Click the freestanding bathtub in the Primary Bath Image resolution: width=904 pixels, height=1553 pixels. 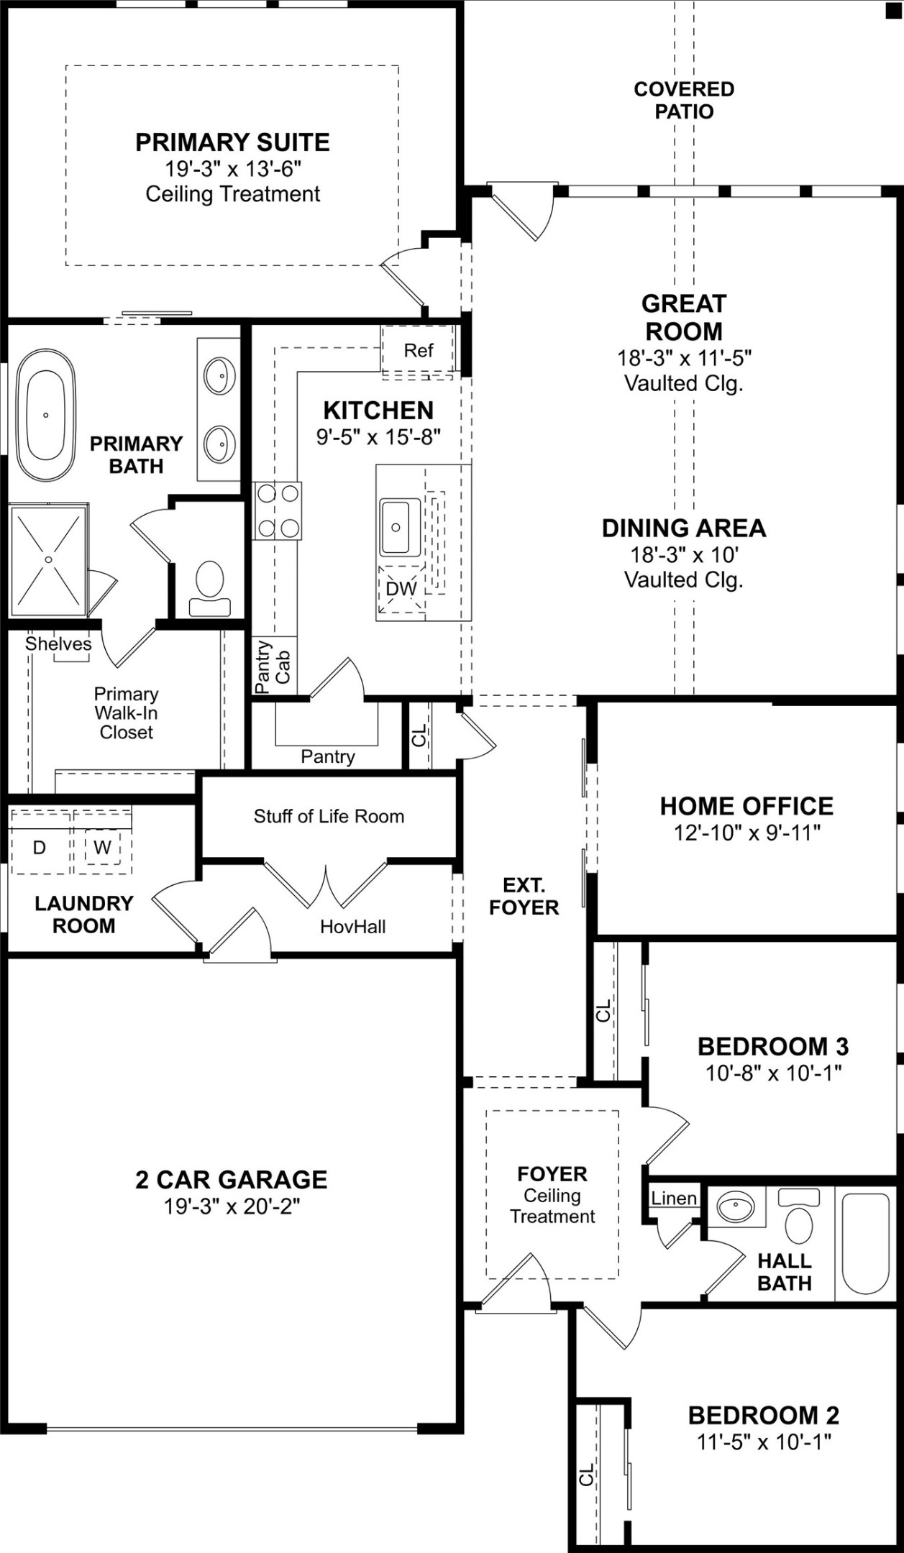45,415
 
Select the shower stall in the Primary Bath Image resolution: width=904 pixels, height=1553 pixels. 49,559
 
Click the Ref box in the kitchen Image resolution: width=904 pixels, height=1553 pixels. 418,351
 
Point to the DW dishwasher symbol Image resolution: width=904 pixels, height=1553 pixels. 401,588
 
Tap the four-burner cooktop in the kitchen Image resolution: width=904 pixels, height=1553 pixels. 278,510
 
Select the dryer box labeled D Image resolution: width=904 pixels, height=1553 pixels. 40,848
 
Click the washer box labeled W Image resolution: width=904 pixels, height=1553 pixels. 102,848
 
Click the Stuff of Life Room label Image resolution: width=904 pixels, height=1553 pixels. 329,816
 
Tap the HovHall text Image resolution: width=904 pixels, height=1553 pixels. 352,927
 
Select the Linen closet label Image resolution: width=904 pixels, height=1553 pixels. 674,1198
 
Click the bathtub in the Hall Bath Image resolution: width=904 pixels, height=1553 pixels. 866,1244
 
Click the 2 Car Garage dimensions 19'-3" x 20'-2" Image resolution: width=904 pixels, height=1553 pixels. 232,1206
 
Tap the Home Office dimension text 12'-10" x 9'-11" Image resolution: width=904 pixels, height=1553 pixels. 747,833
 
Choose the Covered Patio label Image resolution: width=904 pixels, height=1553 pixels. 684,100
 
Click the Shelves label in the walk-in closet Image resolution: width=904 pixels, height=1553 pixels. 58,643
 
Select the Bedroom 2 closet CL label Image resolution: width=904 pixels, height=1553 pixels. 587,1474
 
